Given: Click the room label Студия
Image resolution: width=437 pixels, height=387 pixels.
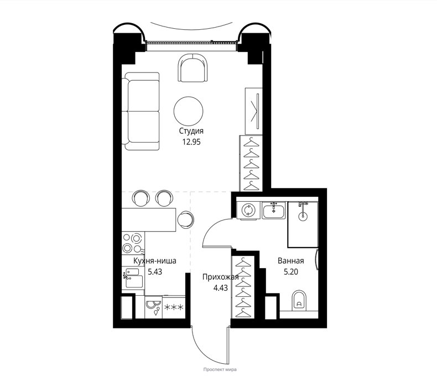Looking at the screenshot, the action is (191, 131).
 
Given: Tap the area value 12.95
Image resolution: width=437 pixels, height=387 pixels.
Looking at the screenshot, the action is (191, 142).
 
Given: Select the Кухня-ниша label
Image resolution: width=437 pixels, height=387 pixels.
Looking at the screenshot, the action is (155, 261).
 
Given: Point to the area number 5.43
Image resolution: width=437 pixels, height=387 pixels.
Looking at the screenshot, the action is (155, 271).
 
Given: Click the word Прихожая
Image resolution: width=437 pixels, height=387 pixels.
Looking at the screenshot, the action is (221, 276).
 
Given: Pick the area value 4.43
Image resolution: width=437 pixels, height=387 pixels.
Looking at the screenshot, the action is (221, 287).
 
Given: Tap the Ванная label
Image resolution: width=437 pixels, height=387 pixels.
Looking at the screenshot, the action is (290, 261).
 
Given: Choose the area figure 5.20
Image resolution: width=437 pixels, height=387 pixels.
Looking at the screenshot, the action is (291, 271).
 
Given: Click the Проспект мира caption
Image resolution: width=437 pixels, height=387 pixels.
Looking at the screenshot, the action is (220, 369).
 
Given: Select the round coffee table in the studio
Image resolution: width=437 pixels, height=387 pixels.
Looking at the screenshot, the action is (189, 111).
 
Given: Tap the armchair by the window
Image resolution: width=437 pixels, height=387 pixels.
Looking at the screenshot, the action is (193, 68).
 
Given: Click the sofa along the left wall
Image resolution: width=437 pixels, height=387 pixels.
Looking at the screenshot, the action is (141, 111).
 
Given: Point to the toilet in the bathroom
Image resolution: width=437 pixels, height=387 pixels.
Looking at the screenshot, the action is (299, 301).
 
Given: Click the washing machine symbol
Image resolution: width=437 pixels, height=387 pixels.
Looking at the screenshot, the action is (247, 210).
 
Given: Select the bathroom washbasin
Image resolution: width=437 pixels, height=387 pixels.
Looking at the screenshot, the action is (274, 210).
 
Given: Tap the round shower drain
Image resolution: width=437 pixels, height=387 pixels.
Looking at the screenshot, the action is (302, 216).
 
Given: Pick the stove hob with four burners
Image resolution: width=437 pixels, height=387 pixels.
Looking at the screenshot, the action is (133, 243).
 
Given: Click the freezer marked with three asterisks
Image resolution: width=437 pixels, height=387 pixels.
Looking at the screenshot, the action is (174, 307).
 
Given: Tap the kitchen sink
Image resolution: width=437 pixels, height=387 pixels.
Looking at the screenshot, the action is (133, 278).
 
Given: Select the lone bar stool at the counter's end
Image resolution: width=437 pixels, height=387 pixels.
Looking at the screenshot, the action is (185, 219).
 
